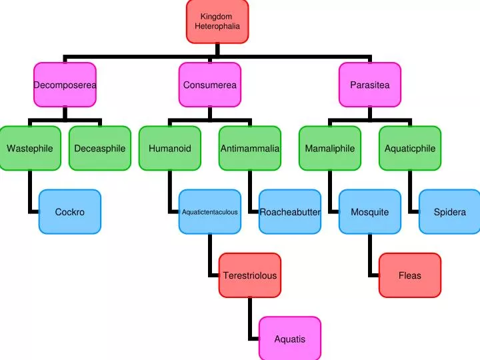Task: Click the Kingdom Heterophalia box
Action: click(217, 21)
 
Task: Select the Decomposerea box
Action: click(65, 85)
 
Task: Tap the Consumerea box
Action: click(210, 85)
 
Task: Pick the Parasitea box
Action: click(370, 85)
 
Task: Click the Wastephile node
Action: click(30, 148)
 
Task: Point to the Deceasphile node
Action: click(100, 148)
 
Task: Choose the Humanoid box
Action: click(170, 148)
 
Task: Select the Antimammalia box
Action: click(250, 148)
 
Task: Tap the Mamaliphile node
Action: click(330, 148)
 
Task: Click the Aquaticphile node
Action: click(410, 148)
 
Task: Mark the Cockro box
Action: click(70, 212)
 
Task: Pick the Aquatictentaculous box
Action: click(210, 212)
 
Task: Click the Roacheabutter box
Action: click(290, 212)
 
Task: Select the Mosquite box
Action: click(370, 212)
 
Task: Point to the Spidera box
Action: click(450, 212)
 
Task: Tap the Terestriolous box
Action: click(250, 275)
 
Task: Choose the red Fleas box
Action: click(410, 275)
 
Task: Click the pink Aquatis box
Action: click(290, 339)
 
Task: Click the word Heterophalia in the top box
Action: click(217, 26)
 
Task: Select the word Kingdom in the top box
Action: click(216, 17)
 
